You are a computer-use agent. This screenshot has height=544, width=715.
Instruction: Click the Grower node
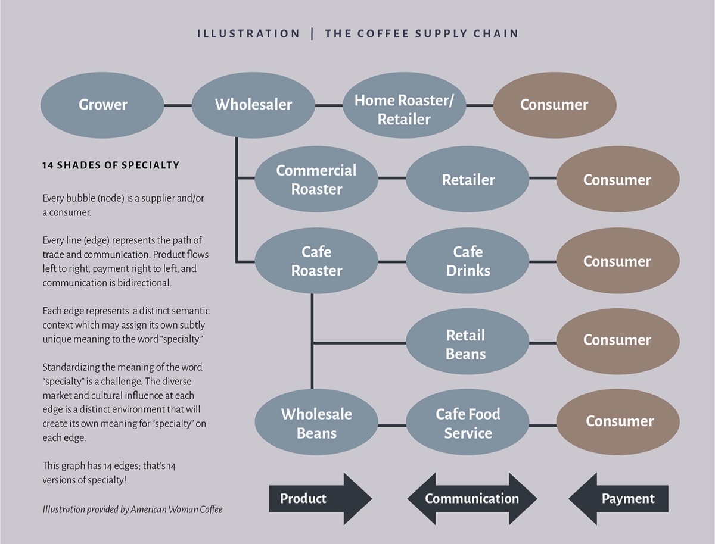click(x=102, y=105)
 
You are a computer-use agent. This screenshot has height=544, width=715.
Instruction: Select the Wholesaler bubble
click(x=253, y=105)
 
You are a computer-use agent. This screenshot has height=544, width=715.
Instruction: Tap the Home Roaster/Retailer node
click(x=404, y=105)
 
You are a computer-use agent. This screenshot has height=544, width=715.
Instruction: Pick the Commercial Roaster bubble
click(x=316, y=179)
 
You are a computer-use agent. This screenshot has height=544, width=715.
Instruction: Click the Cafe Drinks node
click(x=468, y=261)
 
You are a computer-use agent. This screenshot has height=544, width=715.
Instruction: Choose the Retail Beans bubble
click(x=468, y=342)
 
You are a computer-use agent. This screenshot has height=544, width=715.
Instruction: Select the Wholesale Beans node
click(x=316, y=423)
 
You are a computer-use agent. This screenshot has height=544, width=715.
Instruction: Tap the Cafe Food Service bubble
click(x=468, y=423)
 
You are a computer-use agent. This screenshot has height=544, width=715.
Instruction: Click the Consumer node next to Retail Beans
click(x=618, y=342)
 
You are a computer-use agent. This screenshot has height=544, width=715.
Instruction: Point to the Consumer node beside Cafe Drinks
click(x=618, y=261)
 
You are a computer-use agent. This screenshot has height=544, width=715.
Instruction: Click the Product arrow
click(x=320, y=499)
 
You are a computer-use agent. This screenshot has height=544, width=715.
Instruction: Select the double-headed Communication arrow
click(x=472, y=499)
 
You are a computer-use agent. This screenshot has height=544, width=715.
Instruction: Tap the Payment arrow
click(x=618, y=499)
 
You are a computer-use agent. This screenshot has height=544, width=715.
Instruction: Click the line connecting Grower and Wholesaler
click(x=178, y=105)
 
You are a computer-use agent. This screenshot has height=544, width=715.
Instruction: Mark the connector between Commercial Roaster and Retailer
click(x=392, y=179)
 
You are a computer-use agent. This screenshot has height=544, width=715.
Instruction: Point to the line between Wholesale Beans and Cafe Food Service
click(x=392, y=425)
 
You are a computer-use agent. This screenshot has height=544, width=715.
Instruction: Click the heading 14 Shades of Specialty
click(x=111, y=165)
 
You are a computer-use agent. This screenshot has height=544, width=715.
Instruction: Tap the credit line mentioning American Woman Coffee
click(x=132, y=509)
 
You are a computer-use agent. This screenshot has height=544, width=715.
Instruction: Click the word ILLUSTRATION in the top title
click(x=248, y=33)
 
